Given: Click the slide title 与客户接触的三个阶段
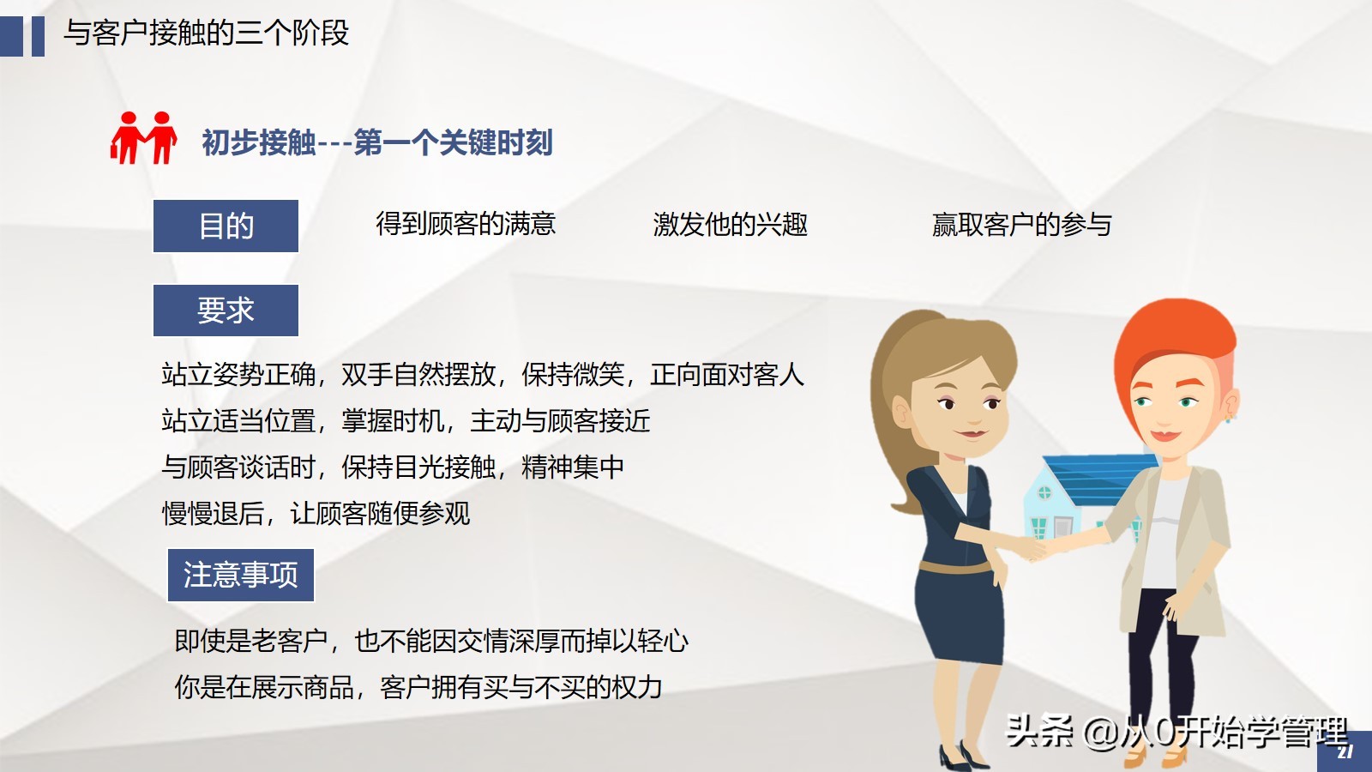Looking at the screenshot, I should [206, 33].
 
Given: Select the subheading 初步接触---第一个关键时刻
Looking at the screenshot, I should [377, 142].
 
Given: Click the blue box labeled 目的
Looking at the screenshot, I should [226, 226].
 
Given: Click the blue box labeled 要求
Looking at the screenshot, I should [226, 310].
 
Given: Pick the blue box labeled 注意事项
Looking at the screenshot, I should [240, 575].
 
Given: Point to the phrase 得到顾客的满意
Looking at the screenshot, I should [466, 224].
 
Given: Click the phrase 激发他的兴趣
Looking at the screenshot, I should [730, 224].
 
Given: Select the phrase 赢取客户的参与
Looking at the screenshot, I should [1021, 224].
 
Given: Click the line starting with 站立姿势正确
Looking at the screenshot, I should [482, 374].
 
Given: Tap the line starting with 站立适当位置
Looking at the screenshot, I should [406, 420].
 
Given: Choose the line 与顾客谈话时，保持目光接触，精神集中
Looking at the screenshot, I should [393, 467].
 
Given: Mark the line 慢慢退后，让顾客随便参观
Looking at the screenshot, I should [316, 513].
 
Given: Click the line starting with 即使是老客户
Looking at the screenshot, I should [430, 640].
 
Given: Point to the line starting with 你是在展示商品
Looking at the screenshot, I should [418, 686].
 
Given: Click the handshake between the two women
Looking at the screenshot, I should [1039, 546].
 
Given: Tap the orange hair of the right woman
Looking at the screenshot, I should [1175, 335].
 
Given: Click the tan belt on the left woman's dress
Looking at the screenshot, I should [954, 567].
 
